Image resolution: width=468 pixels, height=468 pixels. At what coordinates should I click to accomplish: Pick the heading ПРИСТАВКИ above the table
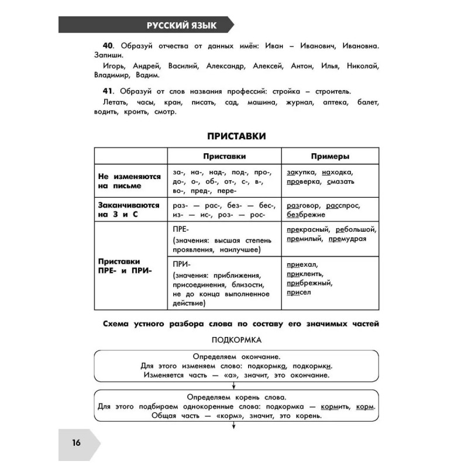point(236,136)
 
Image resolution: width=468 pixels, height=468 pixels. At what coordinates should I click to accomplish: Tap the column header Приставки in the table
point(224,156)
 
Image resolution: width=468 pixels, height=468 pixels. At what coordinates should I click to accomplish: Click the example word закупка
point(301,172)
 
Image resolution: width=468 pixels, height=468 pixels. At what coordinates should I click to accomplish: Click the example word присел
point(300,292)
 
